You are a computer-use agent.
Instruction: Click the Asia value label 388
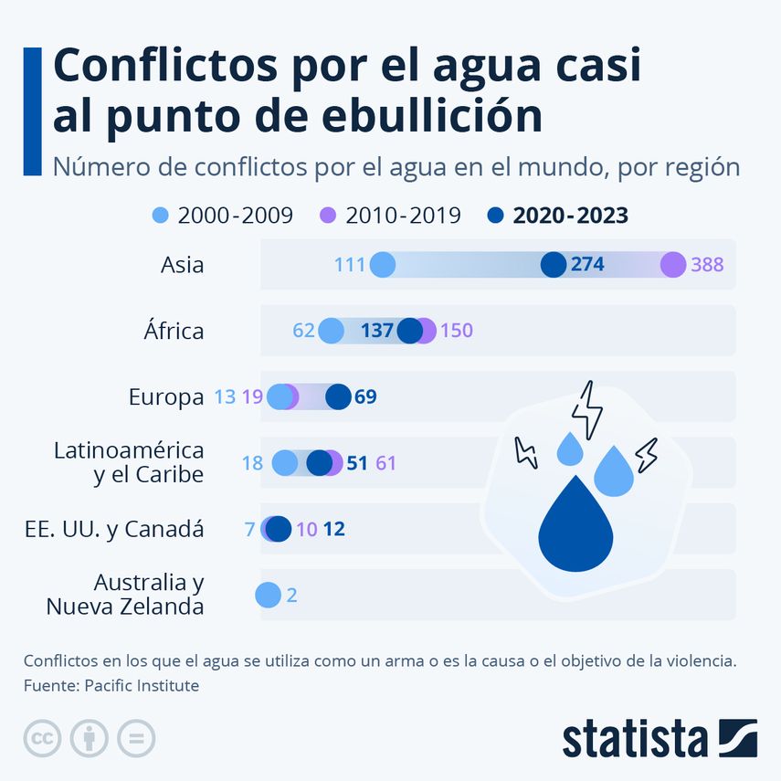tap(707, 265)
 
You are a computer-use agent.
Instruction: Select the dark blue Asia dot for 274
tap(554, 265)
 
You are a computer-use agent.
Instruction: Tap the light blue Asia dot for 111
tap(383, 265)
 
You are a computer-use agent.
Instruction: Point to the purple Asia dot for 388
tap(673, 265)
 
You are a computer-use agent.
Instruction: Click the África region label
tap(174, 331)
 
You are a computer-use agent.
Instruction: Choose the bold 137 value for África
tap(376, 331)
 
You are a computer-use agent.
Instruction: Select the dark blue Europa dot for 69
tap(338, 396)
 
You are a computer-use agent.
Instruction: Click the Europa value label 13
tap(224, 397)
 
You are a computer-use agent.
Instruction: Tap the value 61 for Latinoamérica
tap(386, 463)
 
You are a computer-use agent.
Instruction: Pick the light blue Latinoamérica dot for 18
tap(285, 463)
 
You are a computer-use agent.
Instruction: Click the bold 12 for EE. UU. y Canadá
tap(334, 529)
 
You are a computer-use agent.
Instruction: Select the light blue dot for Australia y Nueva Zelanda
tap(268, 595)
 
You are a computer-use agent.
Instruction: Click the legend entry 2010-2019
tap(402, 216)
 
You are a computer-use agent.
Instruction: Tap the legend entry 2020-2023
tap(570, 216)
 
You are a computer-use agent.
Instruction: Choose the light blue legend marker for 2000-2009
tap(161, 216)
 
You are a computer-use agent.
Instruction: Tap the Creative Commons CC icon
tap(42, 738)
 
